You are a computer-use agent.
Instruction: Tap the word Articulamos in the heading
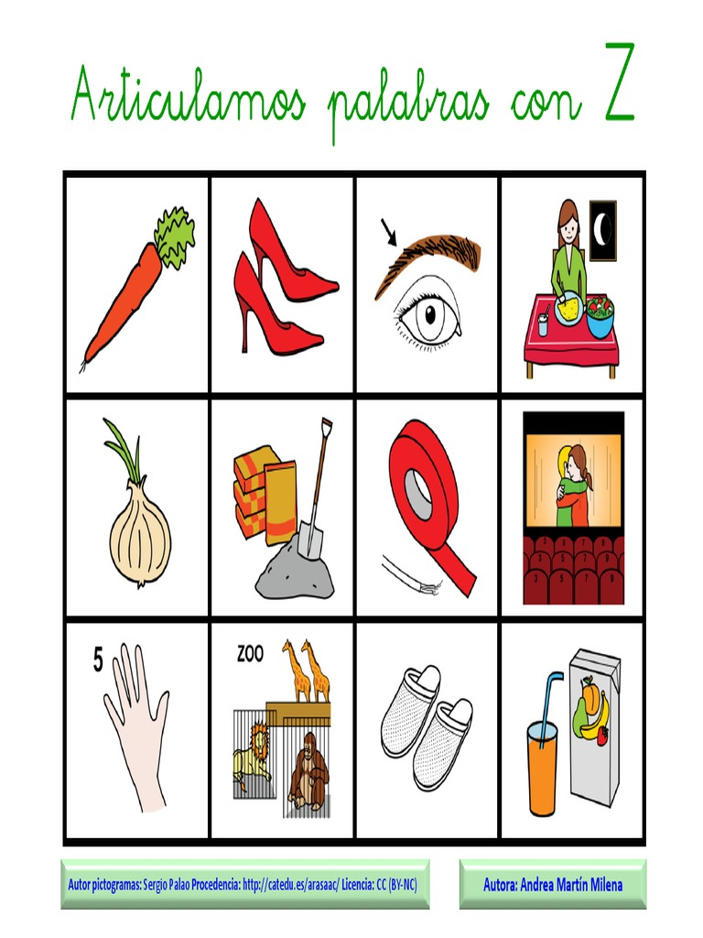point(189,94)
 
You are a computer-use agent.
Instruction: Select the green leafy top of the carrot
point(175,235)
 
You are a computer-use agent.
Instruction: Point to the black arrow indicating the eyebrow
point(389,233)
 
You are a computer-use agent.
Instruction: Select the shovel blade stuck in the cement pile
point(311,538)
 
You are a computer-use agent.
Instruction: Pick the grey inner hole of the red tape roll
point(419,494)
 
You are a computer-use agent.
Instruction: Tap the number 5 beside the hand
point(97,660)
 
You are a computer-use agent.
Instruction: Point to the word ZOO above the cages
point(250,654)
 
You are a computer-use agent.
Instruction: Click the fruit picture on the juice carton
point(589,708)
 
